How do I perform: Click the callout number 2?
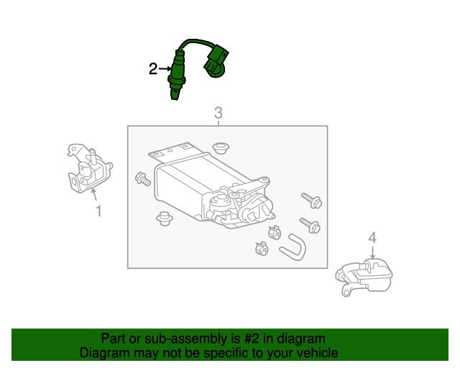(x=153, y=69)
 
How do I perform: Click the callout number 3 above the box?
(x=218, y=113)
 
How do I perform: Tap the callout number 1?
(x=99, y=211)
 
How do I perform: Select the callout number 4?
(x=372, y=238)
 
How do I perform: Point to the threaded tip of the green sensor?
(x=174, y=96)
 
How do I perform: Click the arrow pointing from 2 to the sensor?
(x=165, y=69)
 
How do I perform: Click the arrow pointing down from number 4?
(x=372, y=252)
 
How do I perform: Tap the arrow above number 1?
(x=94, y=195)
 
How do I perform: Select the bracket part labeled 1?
(x=88, y=169)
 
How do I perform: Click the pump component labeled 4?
(x=364, y=277)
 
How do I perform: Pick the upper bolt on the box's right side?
(x=311, y=200)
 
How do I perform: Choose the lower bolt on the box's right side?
(x=310, y=225)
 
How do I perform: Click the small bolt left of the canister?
(x=143, y=179)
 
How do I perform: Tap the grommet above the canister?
(x=221, y=147)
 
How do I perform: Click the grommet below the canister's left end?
(x=165, y=218)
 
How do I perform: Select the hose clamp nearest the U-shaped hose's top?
(x=275, y=232)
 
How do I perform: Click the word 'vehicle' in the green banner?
(x=319, y=352)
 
